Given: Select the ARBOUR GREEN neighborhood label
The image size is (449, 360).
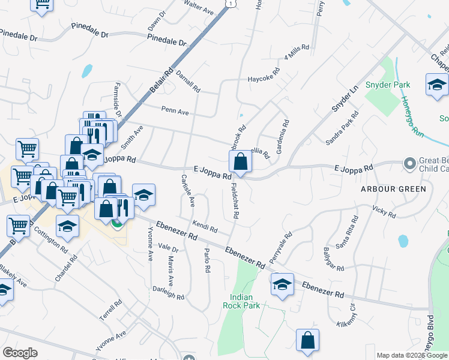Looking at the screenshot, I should coord(393,189).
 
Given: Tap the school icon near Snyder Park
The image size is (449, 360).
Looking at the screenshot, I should coord(436,86).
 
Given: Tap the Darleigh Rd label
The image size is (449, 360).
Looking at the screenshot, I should coord(168,293).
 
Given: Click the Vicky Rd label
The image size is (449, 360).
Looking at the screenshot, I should coord(384,211).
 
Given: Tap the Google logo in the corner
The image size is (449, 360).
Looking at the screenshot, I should coord(20,352).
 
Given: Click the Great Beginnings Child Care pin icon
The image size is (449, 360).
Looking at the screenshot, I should coord(410,163).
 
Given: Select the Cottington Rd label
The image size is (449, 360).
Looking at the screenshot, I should coord(50,239).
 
